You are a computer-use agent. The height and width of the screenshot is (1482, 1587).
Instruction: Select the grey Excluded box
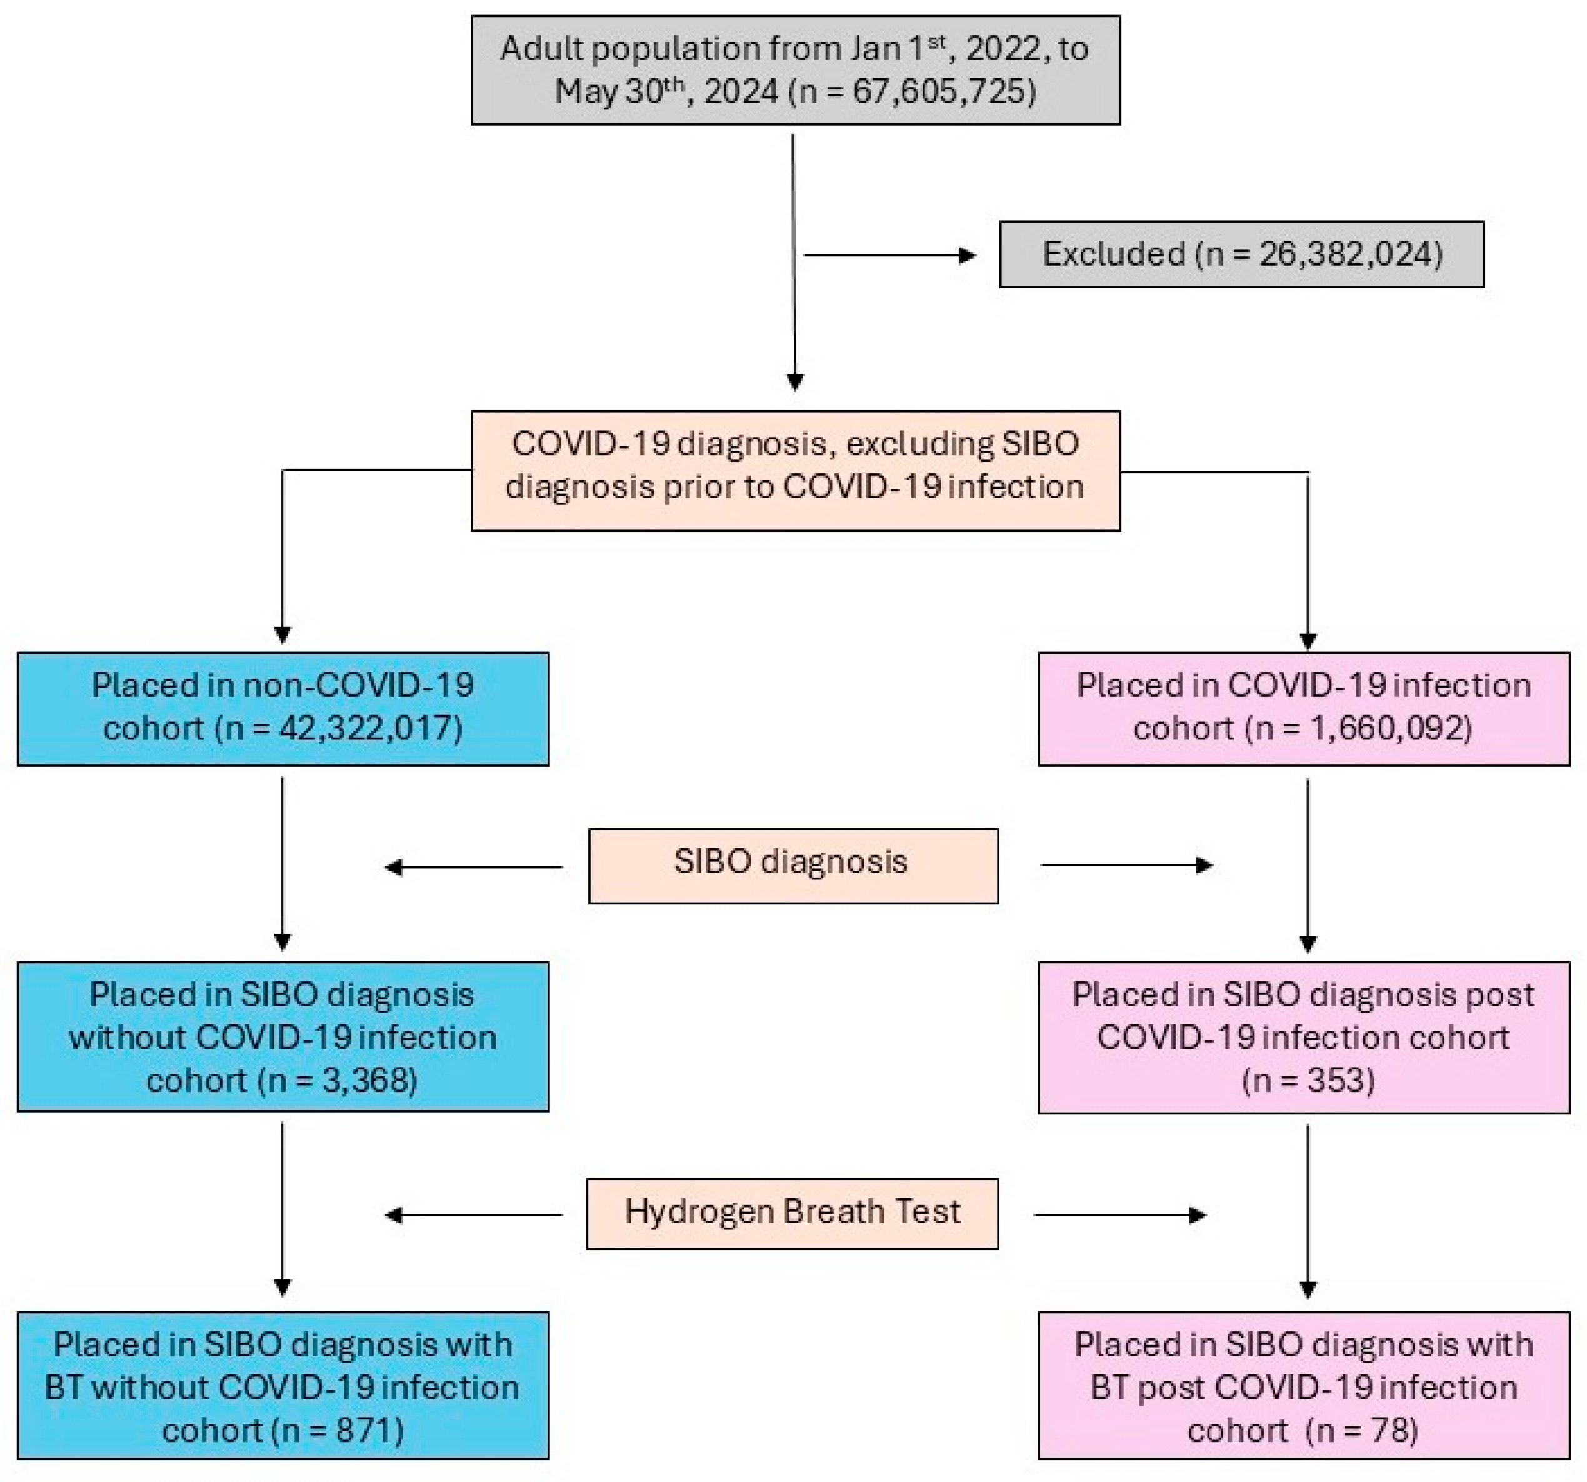[1241, 254]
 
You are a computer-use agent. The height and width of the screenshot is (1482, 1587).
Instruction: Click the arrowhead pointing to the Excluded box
[967, 256]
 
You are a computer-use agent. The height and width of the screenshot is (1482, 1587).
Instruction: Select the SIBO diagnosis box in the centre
[793, 866]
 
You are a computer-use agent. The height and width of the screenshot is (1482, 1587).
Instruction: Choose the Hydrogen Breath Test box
[792, 1213]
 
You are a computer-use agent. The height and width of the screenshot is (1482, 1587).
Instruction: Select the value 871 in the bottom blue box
[363, 1430]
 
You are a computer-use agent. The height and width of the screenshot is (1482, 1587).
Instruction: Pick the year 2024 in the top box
[740, 92]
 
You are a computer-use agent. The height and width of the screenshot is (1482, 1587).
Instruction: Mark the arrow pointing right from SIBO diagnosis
[1126, 865]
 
